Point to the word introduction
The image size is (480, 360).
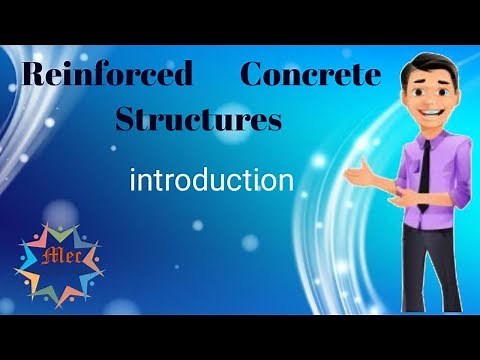coord(211,181)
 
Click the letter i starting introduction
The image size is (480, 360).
coord(134,180)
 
